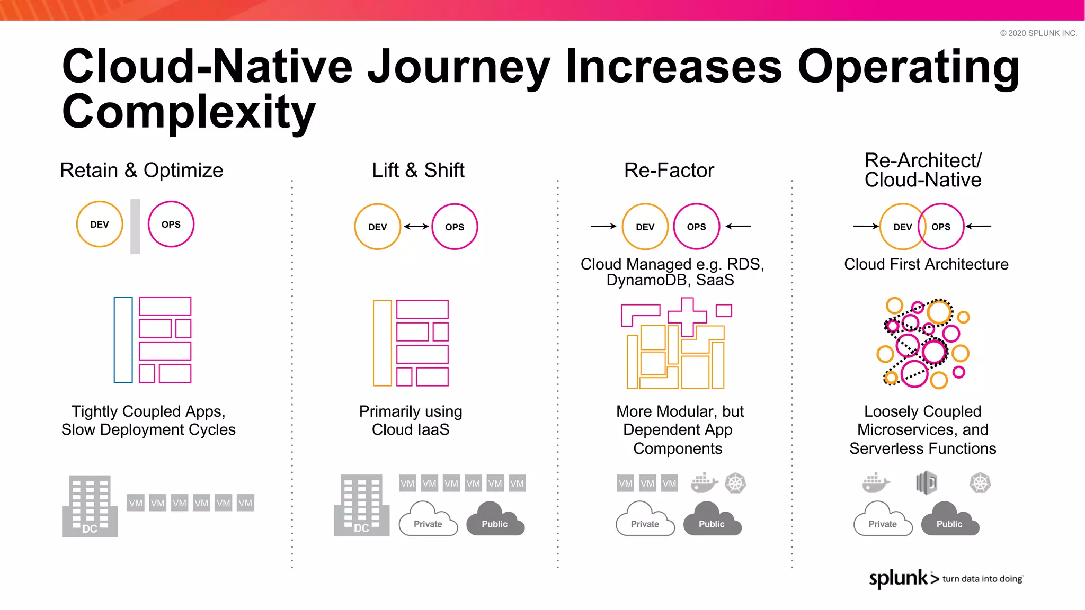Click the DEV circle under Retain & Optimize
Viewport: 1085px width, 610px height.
[x=100, y=224]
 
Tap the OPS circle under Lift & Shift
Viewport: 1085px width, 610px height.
[x=455, y=227]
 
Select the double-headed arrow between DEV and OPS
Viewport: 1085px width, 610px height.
[x=416, y=227]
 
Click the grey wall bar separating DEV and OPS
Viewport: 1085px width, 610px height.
[x=135, y=226]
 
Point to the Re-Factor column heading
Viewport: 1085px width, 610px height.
[x=669, y=171]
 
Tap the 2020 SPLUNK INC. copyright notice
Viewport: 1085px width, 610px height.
[x=1038, y=33]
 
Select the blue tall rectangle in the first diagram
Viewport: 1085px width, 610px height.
[x=123, y=339]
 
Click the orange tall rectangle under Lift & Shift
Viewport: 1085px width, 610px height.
[x=382, y=343]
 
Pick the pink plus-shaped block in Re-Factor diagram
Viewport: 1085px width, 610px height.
[x=687, y=317]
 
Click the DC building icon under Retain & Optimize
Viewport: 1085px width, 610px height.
[x=90, y=506]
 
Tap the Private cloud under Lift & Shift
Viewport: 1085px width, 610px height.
[x=428, y=520]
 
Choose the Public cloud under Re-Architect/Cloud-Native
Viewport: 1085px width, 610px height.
[x=949, y=520]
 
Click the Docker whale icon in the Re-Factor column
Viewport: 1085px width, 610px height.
[x=704, y=483]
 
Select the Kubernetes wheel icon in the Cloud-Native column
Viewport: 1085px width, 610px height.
[x=980, y=483]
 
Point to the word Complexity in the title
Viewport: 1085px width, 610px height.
[x=189, y=112]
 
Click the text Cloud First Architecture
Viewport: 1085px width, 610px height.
[x=926, y=264]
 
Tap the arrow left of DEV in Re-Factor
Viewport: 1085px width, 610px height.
[x=603, y=226]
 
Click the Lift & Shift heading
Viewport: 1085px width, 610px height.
[x=418, y=171]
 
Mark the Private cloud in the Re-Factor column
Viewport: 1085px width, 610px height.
[x=645, y=520]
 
